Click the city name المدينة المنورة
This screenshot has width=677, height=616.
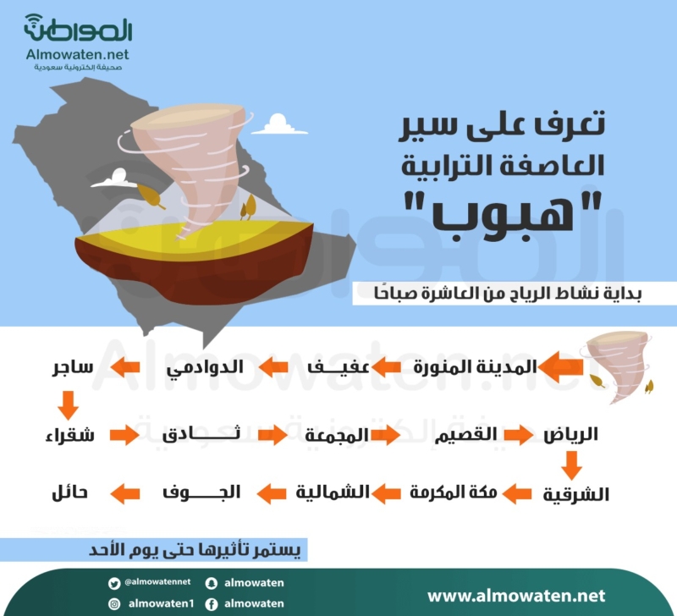[475, 367]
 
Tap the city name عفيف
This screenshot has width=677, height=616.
[338, 367]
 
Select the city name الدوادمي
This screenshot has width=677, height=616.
[205, 368]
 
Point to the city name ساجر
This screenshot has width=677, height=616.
[73, 368]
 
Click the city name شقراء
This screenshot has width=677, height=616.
[70, 435]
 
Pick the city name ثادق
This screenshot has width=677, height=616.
[201, 433]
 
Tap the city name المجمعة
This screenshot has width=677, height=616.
[337, 435]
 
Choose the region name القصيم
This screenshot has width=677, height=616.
[465, 435]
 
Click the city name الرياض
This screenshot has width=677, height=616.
[570, 434]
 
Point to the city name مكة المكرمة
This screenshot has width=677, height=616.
[454, 492]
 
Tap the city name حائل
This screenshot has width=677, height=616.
[69, 493]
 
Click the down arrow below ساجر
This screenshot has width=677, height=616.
[68, 405]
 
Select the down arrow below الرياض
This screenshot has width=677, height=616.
[571, 465]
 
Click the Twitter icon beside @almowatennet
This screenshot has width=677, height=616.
[114, 584]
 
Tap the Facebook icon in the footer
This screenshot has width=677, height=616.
[211, 604]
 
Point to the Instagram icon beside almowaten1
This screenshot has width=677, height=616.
[114, 604]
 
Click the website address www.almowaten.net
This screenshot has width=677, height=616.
[516, 597]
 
